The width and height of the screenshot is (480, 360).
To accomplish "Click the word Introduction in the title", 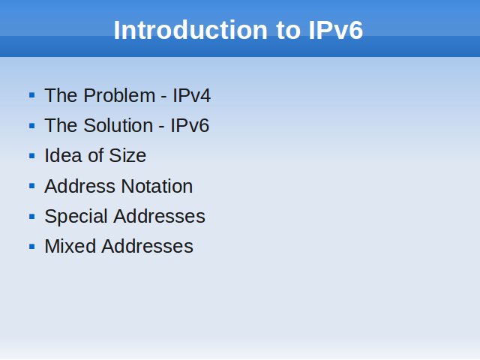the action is click(190, 30).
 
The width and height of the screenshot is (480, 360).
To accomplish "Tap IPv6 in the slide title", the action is click(335, 30).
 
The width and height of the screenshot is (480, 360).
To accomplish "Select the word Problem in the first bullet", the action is click(119, 95).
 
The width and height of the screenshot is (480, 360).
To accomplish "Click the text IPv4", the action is click(192, 95).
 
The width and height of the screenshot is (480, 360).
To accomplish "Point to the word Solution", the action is click(118, 125).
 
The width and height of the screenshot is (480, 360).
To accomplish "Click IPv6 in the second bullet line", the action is click(190, 125).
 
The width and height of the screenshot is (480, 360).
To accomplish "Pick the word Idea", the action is click(63, 155).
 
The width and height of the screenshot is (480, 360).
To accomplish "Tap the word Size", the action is click(127, 155).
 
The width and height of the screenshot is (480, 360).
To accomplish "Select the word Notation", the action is click(157, 186).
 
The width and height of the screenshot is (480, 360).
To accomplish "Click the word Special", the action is click(76, 217).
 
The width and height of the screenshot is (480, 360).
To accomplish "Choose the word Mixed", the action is click(70, 246).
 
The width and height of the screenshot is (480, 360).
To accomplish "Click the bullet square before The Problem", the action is click(31, 95).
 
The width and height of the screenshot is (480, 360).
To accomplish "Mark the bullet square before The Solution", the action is click(31, 125).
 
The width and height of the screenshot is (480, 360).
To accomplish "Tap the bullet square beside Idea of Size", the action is click(31, 156).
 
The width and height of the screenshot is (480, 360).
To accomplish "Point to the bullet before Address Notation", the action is click(31, 186).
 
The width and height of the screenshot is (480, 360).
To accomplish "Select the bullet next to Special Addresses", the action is click(31, 216).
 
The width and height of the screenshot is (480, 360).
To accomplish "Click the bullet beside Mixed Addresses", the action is click(31, 247).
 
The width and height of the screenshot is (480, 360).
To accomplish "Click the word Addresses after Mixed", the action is click(147, 246).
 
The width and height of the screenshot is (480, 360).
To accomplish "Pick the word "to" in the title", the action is click(288, 31).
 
